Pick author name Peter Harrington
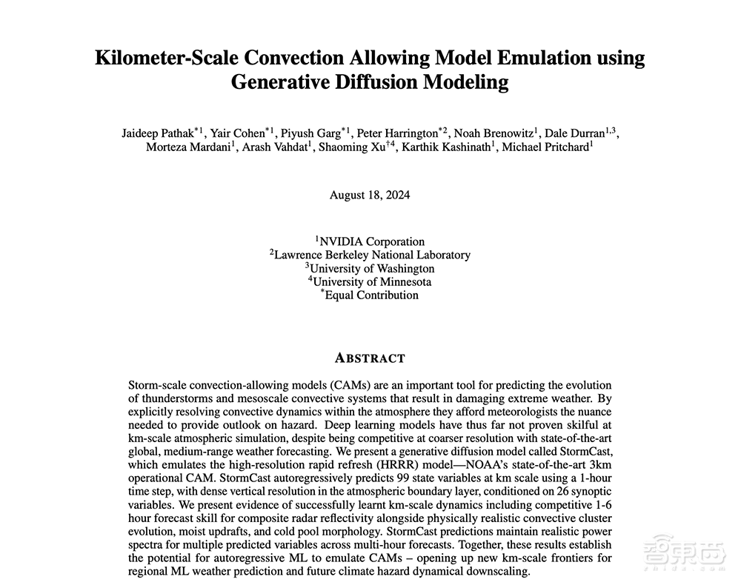397,133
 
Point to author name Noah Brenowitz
494,133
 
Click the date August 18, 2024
370,195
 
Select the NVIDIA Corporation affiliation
371,241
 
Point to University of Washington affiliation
371,268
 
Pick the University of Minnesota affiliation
371,281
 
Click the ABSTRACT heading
370,358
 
